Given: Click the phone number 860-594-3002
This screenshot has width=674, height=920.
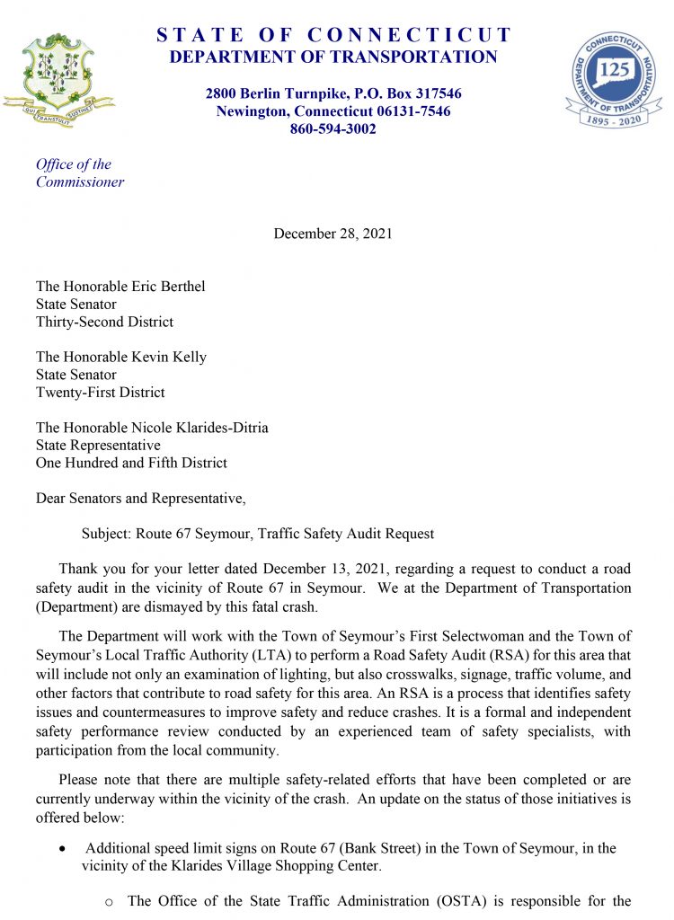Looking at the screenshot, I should pos(333,129).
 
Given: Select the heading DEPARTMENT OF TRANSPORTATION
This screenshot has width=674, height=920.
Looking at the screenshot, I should pos(333,57).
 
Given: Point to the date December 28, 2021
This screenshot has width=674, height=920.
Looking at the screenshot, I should pos(333,234).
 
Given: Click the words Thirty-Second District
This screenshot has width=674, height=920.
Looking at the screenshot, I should pos(104,322).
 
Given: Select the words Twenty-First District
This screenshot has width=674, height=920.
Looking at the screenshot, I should pos(101,392).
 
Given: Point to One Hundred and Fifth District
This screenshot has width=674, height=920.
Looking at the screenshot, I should pos(131,463).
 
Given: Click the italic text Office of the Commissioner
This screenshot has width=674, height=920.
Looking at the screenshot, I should pos(79,173).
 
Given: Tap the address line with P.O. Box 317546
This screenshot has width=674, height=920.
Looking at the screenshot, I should pos(333,93).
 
